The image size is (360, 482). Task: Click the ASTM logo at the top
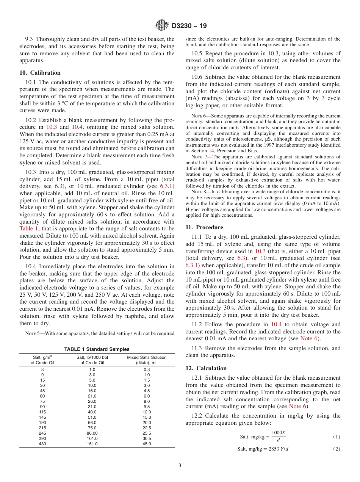(x=162, y=25)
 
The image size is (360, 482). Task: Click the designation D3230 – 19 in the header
(x=189, y=26)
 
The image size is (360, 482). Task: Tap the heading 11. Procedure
(x=204, y=227)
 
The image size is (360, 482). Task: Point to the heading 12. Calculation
(x=206, y=368)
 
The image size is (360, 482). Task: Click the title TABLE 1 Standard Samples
(x=97, y=349)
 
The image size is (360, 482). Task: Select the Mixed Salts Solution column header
(x=147, y=360)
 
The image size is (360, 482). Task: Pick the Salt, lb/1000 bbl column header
(x=92, y=360)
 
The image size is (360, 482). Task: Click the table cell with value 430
(x=42, y=444)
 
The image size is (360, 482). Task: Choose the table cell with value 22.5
(x=147, y=428)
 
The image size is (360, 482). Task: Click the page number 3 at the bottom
(x=180, y=466)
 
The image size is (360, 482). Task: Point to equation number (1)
(x=337, y=437)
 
